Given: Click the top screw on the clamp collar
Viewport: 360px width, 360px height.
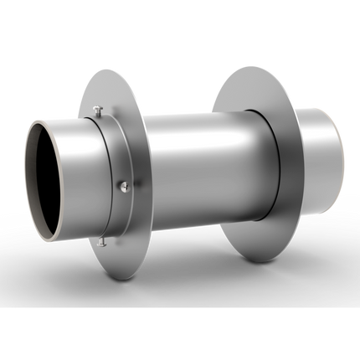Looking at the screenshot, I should click(x=98, y=109).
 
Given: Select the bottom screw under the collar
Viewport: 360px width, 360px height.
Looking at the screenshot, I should click(x=101, y=244).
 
